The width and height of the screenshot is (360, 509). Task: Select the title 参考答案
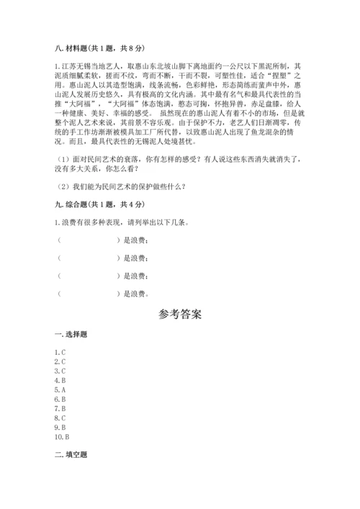180,314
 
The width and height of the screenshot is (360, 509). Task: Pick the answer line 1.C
60,351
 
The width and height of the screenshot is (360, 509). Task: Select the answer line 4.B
60,379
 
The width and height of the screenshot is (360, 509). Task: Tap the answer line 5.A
60,389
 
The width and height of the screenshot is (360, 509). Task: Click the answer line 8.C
60,418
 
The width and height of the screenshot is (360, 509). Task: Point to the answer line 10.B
61,436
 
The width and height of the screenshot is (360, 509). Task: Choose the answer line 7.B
60,408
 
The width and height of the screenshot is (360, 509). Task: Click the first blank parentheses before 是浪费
87,241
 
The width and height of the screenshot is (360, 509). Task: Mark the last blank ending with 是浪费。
87,293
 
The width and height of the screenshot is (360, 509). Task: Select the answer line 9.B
60,427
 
